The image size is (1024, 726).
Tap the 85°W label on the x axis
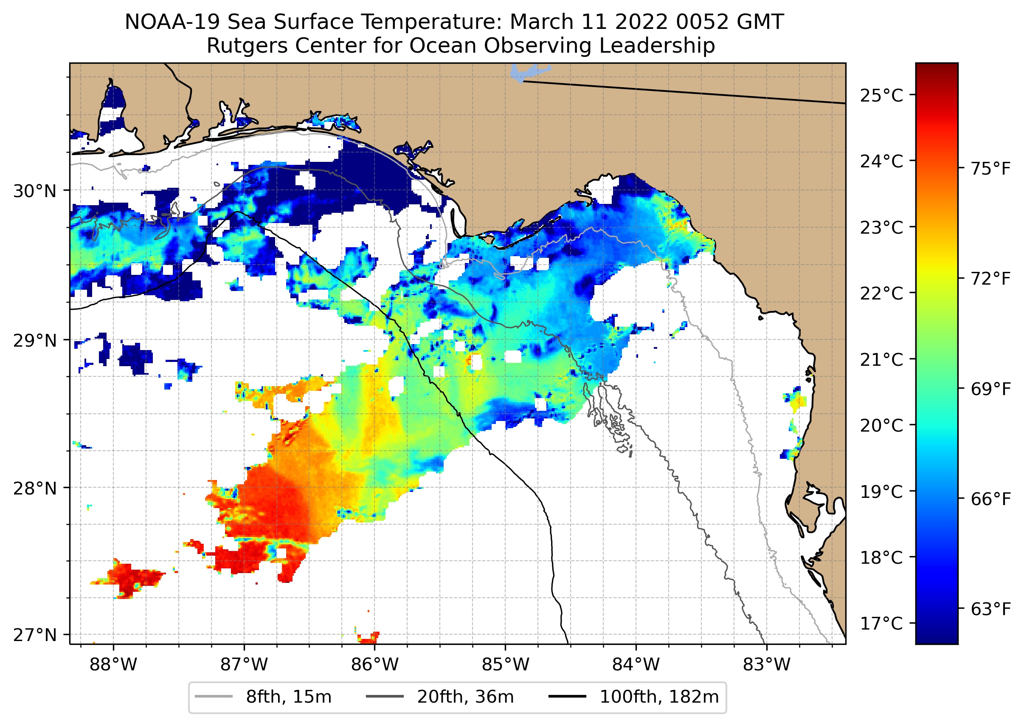[x=505, y=664]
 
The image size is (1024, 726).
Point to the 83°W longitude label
[x=767, y=664]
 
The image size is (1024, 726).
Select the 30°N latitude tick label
[x=35, y=191]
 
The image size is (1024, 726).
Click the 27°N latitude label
[x=35, y=635]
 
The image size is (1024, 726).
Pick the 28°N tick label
[x=35, y=489]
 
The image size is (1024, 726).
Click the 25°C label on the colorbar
[x=881, y=95]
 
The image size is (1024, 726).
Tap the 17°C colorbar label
[x=881, y=623]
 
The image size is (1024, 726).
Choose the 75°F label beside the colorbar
[x=990, y=169]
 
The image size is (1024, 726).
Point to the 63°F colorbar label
[x=990, y=609]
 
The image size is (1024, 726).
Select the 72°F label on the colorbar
[x=990, y=279]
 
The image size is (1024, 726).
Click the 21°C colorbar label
[x=881, y=359]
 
